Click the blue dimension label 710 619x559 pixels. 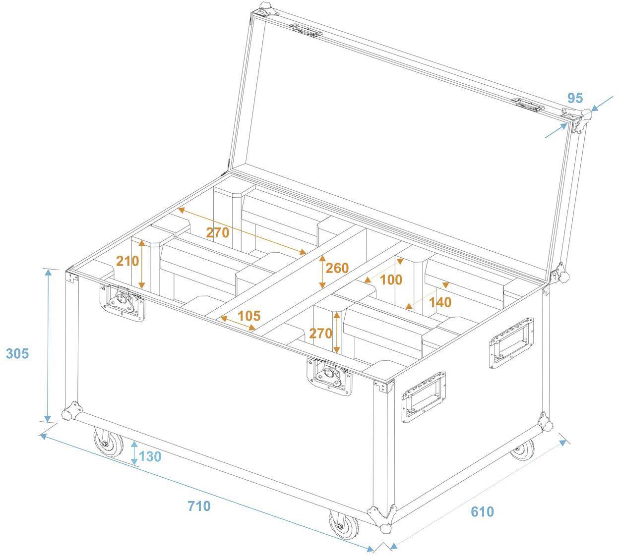[x=199, y=506]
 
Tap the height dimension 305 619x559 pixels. [x=17, y=354]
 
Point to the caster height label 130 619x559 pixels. [x=150, y=456]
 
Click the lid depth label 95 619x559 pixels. [x=574, y=98]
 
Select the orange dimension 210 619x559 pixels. [x=127, y=261]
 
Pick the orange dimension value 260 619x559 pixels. [x=337, y=268]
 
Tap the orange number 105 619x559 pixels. [x=249, y=316]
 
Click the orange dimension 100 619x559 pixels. [x=391, y=279]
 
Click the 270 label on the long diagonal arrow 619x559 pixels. [x=218, y=232]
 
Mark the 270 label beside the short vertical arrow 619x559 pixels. [x=320, y=333]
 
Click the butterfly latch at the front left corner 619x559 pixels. [x=123, y=302]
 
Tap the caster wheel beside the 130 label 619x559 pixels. [x=109, y=442]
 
